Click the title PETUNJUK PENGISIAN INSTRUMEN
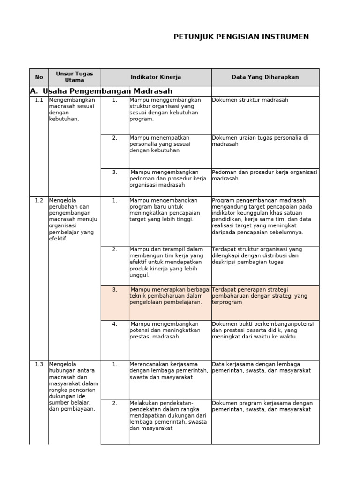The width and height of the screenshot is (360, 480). click(241, 37)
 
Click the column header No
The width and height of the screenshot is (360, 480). click(39, 77)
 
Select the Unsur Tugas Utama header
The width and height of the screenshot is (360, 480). click(75, 77)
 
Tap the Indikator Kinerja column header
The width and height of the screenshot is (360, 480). click(156, 77)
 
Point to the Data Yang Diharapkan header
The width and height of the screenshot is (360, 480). click(265, 77)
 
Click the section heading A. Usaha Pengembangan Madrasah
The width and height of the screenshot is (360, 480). click(101, 91)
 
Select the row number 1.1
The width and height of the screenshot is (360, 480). click(39, 100)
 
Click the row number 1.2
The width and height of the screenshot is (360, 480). click(39, 200)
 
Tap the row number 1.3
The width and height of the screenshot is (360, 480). click(39, 364)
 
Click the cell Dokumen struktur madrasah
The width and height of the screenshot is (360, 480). click(250, 100)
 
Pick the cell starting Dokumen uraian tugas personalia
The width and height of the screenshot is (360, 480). click(260, 141)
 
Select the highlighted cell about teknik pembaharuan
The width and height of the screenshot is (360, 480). click(170, 296)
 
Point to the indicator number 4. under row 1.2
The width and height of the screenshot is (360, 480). click(114, 324)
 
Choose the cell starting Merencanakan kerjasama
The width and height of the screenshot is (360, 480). click(169, 371)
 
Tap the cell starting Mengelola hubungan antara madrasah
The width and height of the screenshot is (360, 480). click(74, 386)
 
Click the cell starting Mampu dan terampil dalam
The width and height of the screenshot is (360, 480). click(166, 262)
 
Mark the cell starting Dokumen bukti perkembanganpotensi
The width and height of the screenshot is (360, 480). click(262, 330)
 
